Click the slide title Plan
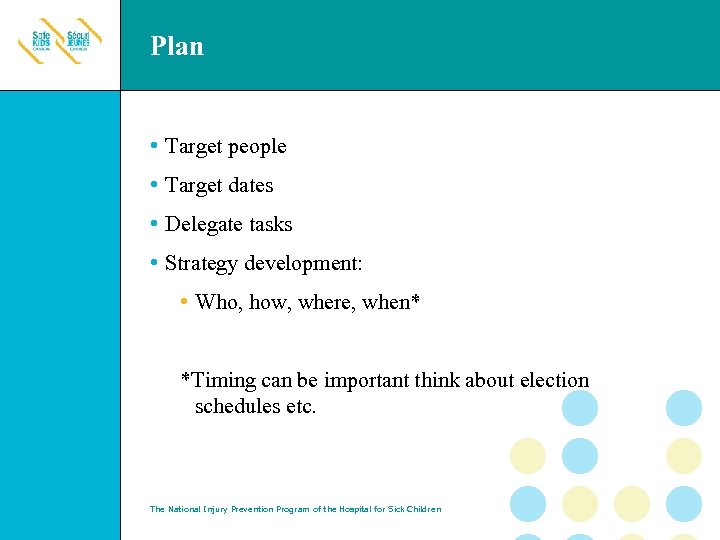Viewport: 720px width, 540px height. coord(177,46)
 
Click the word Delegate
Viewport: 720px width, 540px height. coord(203,225)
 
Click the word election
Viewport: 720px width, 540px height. coord(554,381)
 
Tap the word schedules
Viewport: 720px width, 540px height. coord(238,407)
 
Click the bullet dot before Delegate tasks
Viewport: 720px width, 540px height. coord(153,224)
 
